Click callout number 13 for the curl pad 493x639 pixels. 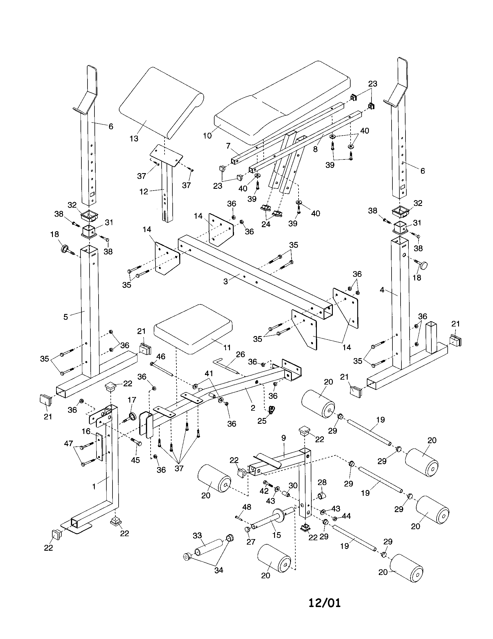click(134, 138)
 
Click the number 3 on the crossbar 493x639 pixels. click(225, 281)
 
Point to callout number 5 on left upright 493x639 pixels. click(66, 317)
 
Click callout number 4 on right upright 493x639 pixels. click(382, 290)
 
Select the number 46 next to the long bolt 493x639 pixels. click(161, 356)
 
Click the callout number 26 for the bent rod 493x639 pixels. click(240, 354)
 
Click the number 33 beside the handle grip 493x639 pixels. click(197, 535)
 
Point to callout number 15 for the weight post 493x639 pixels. click(276, 535)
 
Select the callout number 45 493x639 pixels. click(135, 460)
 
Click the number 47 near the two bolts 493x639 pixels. click(69, 444)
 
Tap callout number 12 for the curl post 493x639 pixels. click(144, 192)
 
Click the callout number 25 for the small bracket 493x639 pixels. click(262, 421)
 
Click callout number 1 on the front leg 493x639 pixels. click(94, 486)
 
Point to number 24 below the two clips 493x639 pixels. click(266, 224)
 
